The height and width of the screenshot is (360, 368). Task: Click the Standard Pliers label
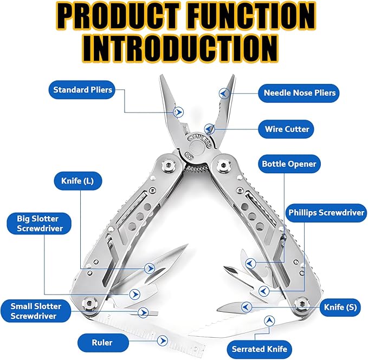click(x=82, y=89)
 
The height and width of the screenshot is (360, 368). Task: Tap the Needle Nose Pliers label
click(x=299, y=93)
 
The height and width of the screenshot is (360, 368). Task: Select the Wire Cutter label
click(x=287, y=129)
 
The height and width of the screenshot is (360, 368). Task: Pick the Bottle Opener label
click(x=288, y=163)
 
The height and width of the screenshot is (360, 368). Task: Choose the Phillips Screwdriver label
click(x=326, y=213)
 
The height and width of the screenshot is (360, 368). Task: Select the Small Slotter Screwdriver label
click(x=36, y=311)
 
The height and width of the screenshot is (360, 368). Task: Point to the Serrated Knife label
click(x=260, y=348)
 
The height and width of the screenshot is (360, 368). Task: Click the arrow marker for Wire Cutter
click(x=211, y=129)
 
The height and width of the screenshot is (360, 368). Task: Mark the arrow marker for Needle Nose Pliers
click(x=222, y=93)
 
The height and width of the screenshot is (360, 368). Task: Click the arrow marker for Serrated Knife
click(x=268, y=322)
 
